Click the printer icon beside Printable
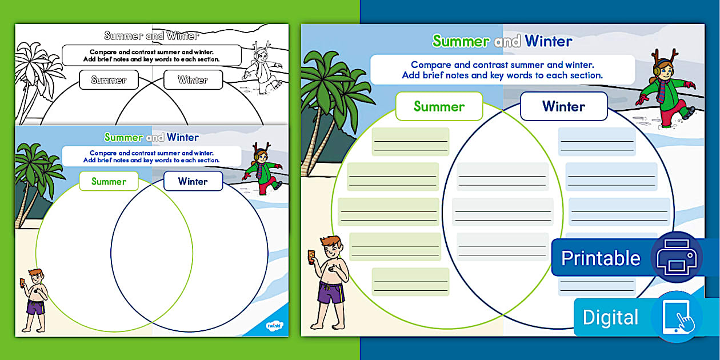[x=677, y=258]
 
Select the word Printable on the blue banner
[x=601, y=258]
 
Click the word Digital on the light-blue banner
[x=610, y=318]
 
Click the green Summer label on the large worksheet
[x=439, y=106]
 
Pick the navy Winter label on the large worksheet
[x=563, y=106]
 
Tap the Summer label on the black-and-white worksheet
[x=109, y=80]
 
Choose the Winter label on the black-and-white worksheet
[x=193, y=80]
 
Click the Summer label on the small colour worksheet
[x=109, y=182]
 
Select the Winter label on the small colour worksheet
[x=193, y=182]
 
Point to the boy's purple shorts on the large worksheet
[x=330, y=292]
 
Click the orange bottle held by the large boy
[x=311, y=257]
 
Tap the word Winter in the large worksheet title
[x=548, y=41]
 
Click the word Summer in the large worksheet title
[x=461, y=41]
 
